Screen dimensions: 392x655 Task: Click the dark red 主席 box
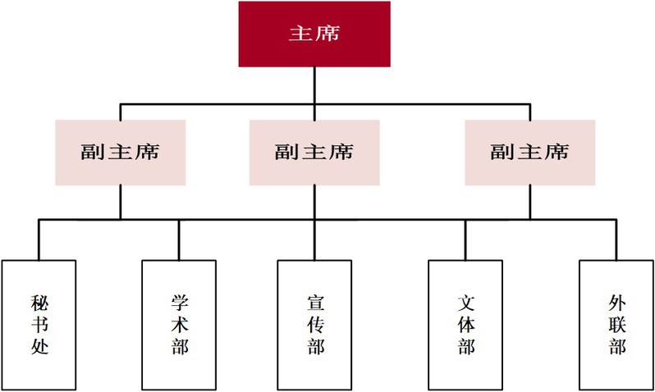[314, 34]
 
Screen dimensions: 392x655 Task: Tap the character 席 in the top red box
[327, 34]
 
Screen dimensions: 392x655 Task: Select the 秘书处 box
[39, 324]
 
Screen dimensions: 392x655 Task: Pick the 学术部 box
[179, 324]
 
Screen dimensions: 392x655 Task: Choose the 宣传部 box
[314, 324]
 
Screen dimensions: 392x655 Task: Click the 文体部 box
[465, 324]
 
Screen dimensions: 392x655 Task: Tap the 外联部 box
[616, 324]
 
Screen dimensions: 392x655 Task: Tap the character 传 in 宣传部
[314, 325]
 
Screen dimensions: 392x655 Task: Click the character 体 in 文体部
[465, 325]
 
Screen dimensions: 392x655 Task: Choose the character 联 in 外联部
[616, 325]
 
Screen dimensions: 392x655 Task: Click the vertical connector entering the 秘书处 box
[39, 239]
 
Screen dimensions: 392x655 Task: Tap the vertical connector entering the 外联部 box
[614, 239]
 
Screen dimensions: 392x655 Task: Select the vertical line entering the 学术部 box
[179, 239]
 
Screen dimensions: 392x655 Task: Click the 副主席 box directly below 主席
[314, 153]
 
